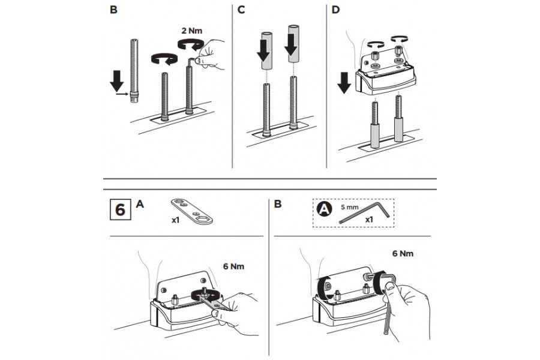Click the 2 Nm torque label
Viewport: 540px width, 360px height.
pyautogui.click(x=192, y=31)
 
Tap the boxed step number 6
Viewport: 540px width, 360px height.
pyautogui.click(x=120, y=209)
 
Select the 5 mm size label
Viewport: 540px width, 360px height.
pyautogui.click(x=350, y=208)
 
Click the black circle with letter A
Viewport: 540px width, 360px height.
pyautogui.click(x=324, y=209)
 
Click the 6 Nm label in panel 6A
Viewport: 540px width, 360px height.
pyautogui.click(x=233, y=266)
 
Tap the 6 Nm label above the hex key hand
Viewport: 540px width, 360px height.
pyautogui.click(x=403, y=254)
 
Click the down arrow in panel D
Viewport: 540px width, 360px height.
pyautogui.click(x=344, y=83)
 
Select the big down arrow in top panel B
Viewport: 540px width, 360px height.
pyautogui.click(x=117, y=81)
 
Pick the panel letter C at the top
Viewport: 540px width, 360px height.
pyautogui.click(x=241, y=10)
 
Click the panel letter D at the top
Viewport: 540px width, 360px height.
pyautogui.click(x=335, y=10)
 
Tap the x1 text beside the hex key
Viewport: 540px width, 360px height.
pyautogui.click(x=369, y=219)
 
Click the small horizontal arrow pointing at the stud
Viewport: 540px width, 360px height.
pyautogui.click(x=122, y=94)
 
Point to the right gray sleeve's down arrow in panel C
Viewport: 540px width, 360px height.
pyautogui.click(x=292, y=45)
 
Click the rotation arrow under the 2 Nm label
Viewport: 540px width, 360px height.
pyautogui.click(x=190, y=46)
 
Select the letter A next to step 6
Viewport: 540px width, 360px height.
pyautogui.click(x=140, y=204)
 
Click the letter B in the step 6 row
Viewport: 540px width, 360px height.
pyautogui.click(x=278, y=204)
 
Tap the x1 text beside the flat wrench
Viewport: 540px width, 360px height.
pyautogui.click(x=176, y=220)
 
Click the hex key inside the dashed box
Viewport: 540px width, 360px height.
pyautogui.click(x=364, y=212)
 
